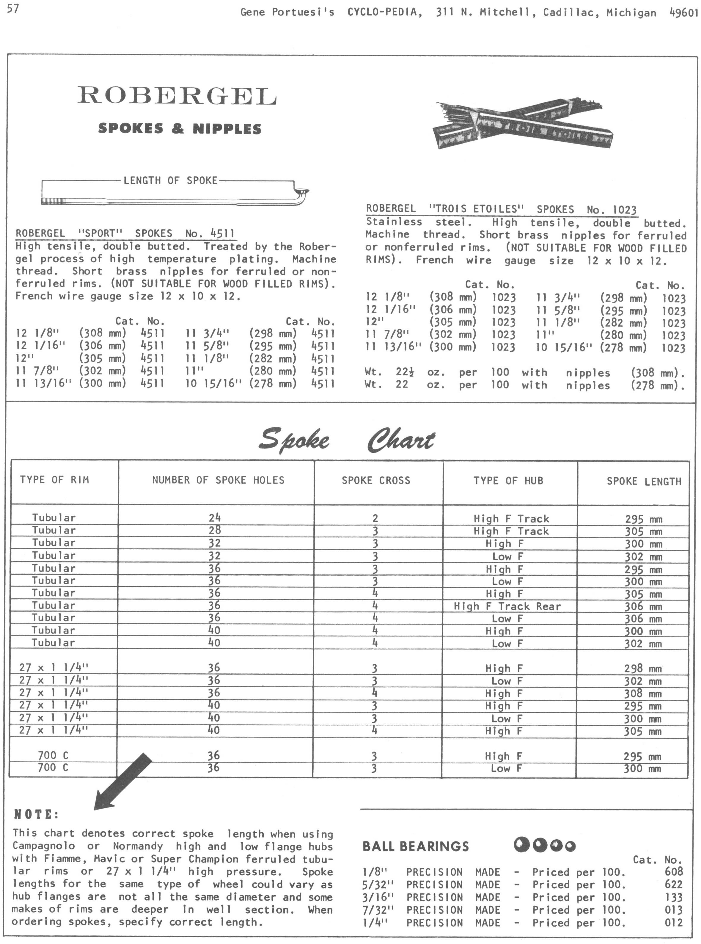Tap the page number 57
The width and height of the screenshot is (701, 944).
13,9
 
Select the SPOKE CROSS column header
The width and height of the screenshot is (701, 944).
376,481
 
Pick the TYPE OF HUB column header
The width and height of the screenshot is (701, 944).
508,481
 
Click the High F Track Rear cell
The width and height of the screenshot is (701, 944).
507,606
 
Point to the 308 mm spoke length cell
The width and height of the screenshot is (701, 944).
642,694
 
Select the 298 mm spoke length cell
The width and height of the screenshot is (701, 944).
642,669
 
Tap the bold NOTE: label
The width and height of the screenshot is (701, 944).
37,815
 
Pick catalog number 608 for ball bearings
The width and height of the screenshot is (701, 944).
674,872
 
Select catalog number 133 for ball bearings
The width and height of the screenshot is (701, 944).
674,897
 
